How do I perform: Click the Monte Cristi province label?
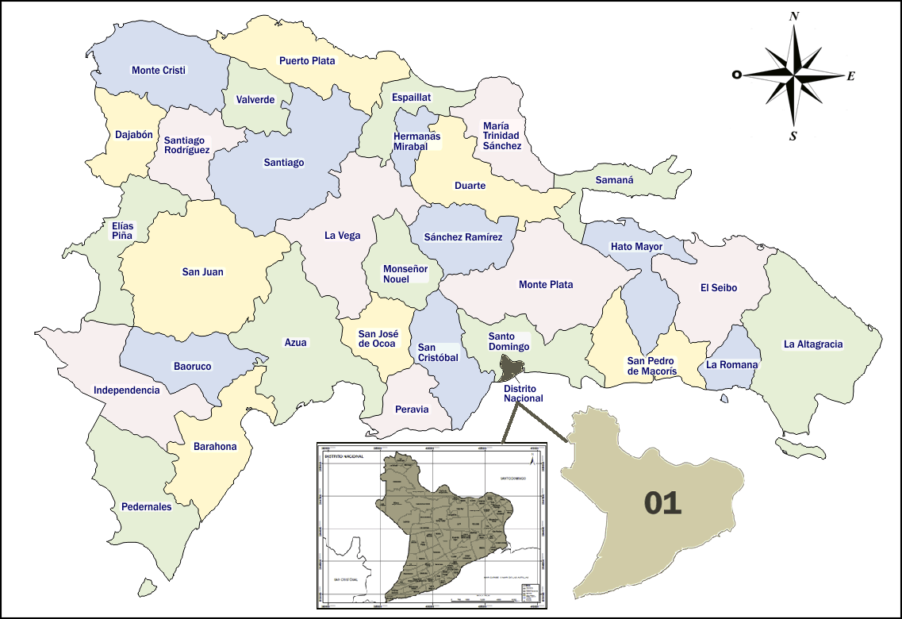159,71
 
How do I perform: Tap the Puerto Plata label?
307,60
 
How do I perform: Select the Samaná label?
615,180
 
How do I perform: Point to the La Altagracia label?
813,344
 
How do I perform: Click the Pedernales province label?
146,506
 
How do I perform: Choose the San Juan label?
203,272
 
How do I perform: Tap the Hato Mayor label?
636,247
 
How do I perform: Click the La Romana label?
732,365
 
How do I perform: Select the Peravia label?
412,409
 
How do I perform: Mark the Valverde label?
255,100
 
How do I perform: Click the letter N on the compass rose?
794,16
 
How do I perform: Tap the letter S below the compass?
793,136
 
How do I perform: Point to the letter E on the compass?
850,76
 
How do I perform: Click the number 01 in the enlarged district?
662,503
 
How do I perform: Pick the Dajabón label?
133,135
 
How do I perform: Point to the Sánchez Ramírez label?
463,237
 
